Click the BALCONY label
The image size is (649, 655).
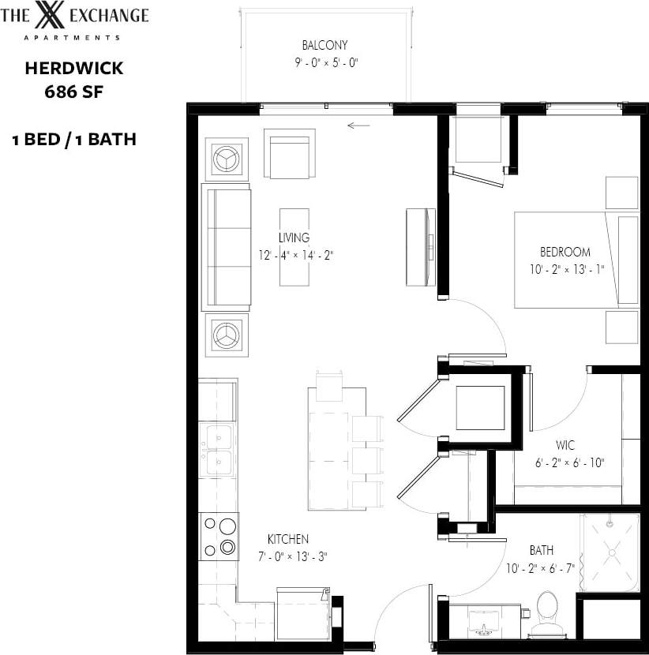[x=324, y=45]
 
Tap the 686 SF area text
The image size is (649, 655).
[x=73, y=90]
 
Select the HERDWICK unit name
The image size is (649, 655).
[x=73, y=68]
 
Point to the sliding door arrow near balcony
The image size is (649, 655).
[x=358, y=124]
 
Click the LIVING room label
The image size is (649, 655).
[x=294, y=238]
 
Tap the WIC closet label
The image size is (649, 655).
[x=565, y=446]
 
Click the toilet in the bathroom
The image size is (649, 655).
[x=546, y=612]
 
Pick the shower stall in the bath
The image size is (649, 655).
[x=610, y=552]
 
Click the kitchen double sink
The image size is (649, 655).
[x=218, y=450]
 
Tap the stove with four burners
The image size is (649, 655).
[x=219, y=536]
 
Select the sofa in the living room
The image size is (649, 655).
[x=227, y=246]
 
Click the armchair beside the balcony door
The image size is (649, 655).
[x=289, y=153]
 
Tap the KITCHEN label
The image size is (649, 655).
[x=287, y=539]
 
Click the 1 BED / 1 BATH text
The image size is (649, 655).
[x=73, y=140]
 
